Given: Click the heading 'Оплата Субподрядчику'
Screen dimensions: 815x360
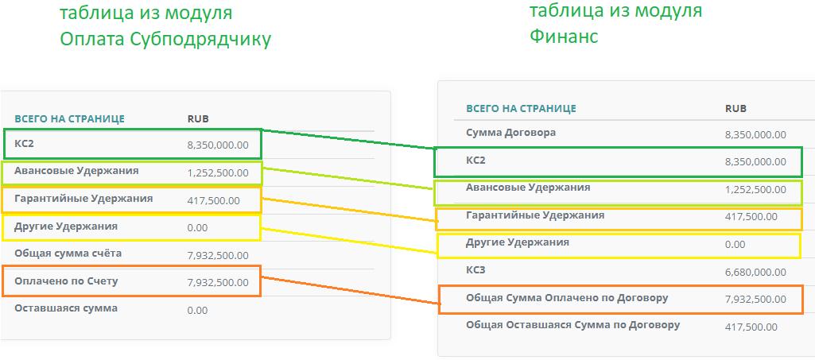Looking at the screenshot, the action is point(165,40).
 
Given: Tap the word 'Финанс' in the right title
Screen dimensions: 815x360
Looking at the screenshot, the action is point(564,36).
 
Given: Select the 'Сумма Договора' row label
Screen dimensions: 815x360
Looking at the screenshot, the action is point(511,133).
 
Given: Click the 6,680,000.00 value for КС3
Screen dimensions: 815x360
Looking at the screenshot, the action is point(755,273).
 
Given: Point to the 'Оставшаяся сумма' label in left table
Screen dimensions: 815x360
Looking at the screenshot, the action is point(66,308).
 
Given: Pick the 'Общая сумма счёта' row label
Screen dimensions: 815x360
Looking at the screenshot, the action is point(68,254).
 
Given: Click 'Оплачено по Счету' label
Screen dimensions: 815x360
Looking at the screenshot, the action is point(66,281).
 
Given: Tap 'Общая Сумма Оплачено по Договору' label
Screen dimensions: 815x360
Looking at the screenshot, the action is point(567,299).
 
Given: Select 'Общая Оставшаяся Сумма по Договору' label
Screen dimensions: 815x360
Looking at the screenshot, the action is point(572,326).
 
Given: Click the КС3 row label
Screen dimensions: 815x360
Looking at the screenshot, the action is point(475,270).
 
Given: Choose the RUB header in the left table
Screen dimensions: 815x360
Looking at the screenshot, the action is point(198,119).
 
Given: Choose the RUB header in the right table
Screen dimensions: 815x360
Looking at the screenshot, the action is point(735,109).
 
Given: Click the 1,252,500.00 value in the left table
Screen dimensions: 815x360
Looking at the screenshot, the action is point(218,173).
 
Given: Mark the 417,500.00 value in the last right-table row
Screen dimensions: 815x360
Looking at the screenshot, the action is point(751,327).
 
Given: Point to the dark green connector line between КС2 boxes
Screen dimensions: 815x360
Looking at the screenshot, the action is point(347,139).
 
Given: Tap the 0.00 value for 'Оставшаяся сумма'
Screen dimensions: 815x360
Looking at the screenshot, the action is point(197,311).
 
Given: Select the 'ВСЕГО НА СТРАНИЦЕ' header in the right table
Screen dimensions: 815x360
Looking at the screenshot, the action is point(521,109).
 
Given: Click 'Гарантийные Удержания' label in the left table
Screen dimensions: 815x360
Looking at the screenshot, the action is point(83,199).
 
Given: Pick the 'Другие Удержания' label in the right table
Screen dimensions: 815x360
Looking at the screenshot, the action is point(518,242).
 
